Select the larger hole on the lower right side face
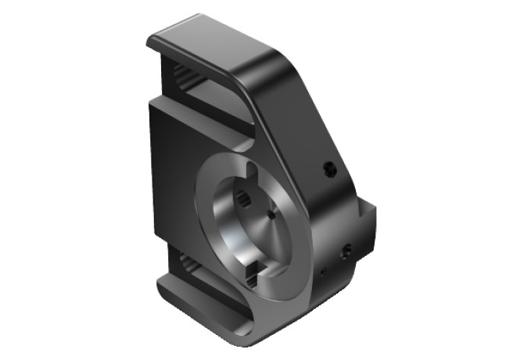tap(346, 250)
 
